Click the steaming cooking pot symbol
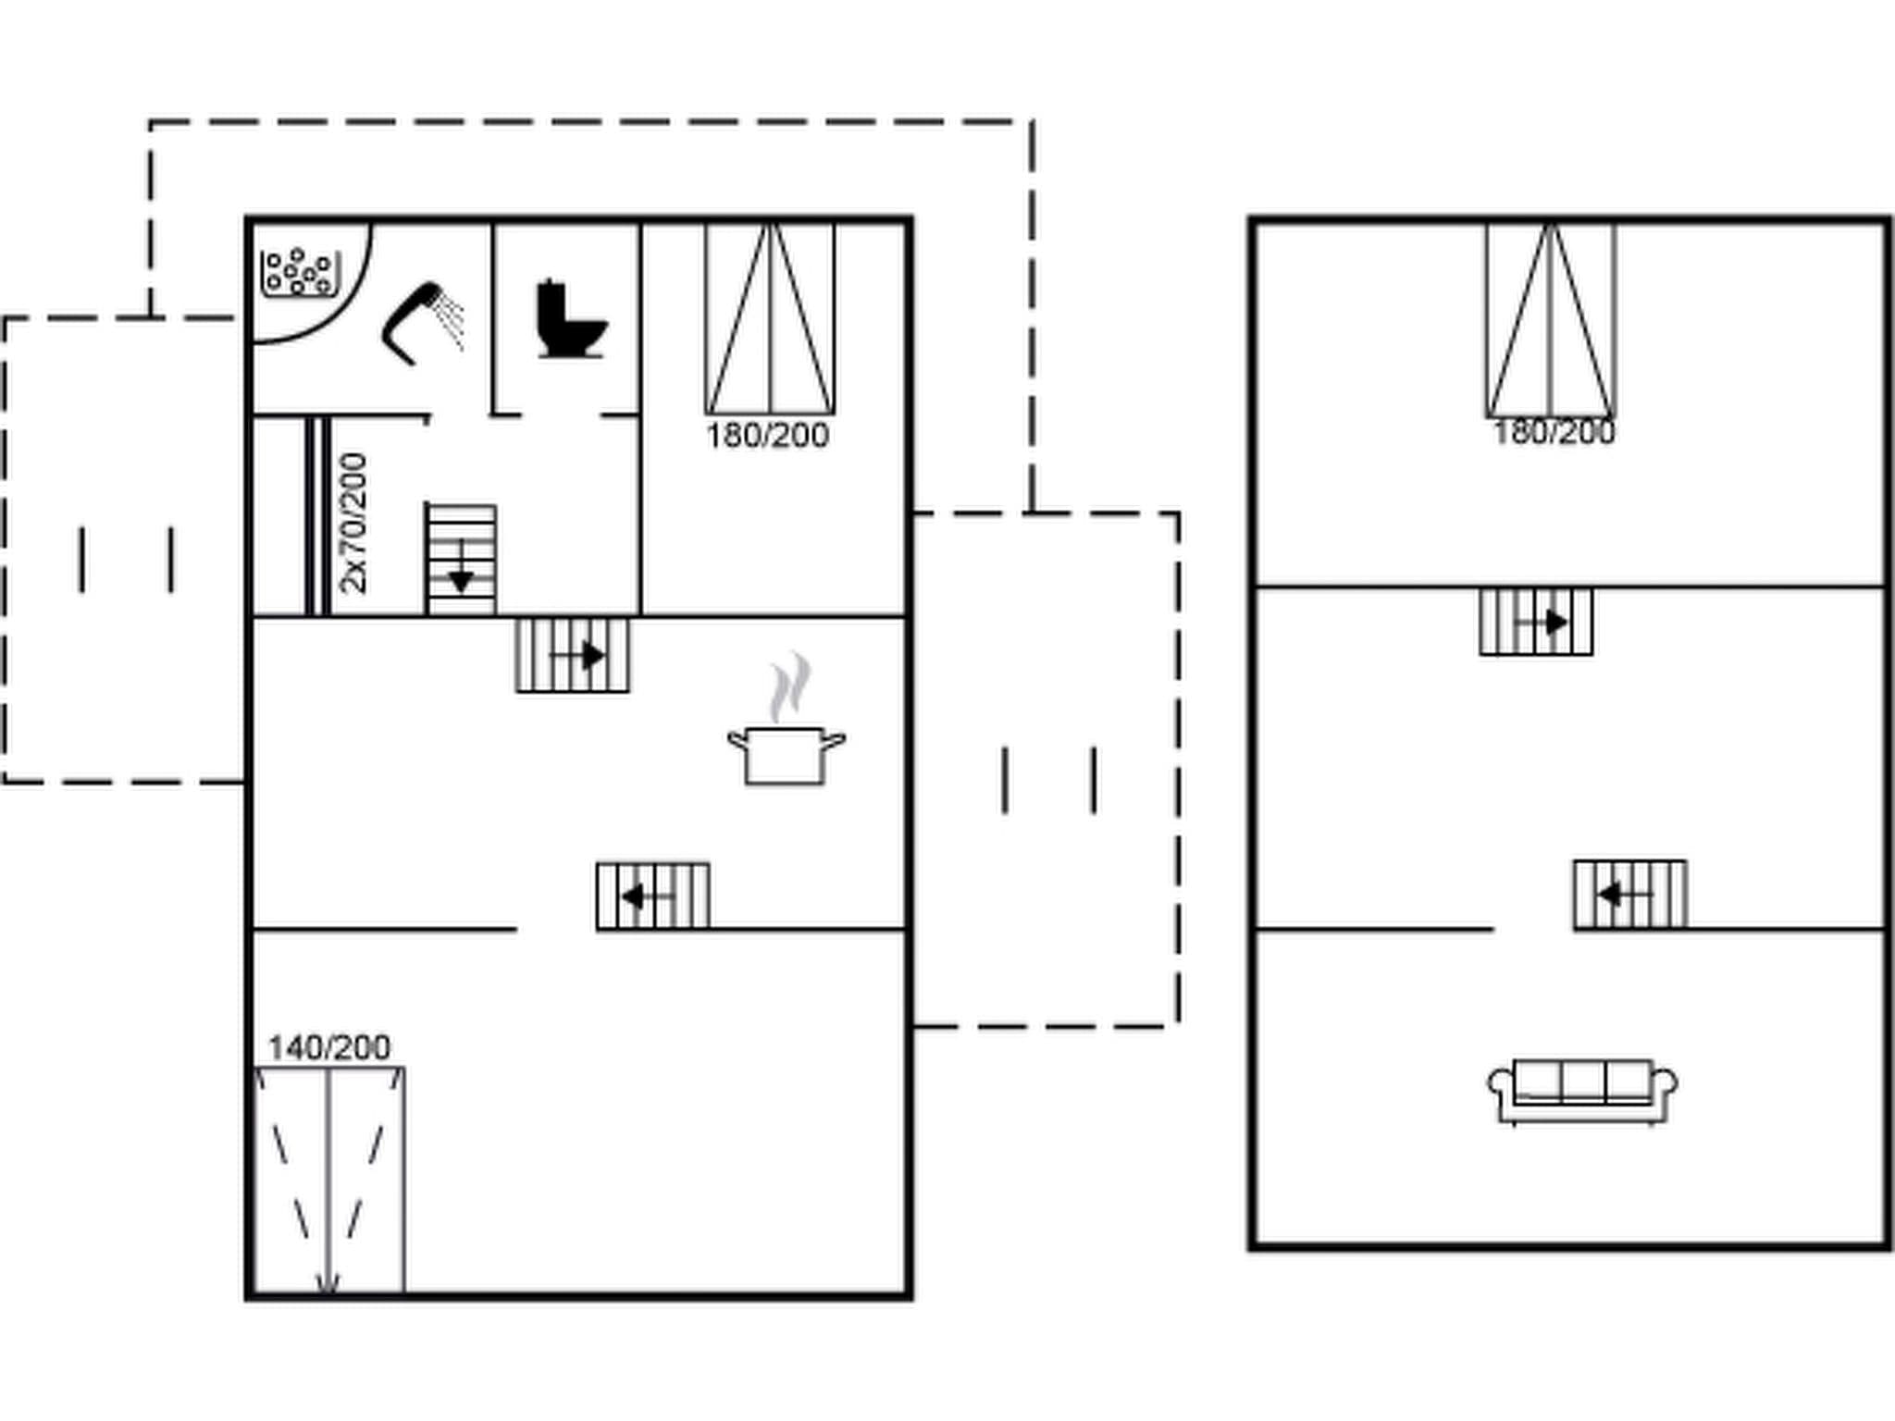(x=786, y=754)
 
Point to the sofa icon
(x=1582, y=1091)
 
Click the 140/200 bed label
(x=328, y=1047)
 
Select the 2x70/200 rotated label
(x=353, y=523)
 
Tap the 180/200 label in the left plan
(x=767, y=435)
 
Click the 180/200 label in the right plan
(x=1554, y=432)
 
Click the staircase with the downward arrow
(x=461, y=560)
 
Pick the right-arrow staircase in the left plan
(x=573, y=656)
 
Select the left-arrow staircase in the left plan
(x=653, y=896)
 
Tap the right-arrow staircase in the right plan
(x=1536, y=622)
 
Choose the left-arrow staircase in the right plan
(x=1629, y=894)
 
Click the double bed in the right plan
(x=1551, y=319)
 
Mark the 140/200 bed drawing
(x=329, y=1180)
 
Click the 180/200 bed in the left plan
(x=770, y=319)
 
